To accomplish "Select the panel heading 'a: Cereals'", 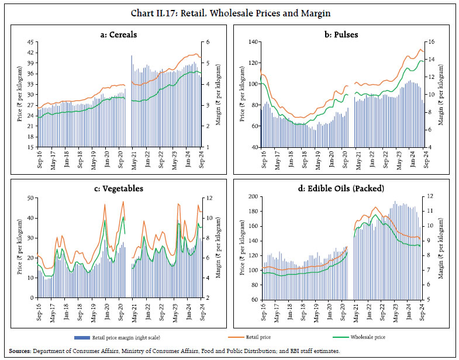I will (119, 34).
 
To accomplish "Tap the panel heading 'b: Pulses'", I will (341, 34).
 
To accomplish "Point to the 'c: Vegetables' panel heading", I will (119, 189).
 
